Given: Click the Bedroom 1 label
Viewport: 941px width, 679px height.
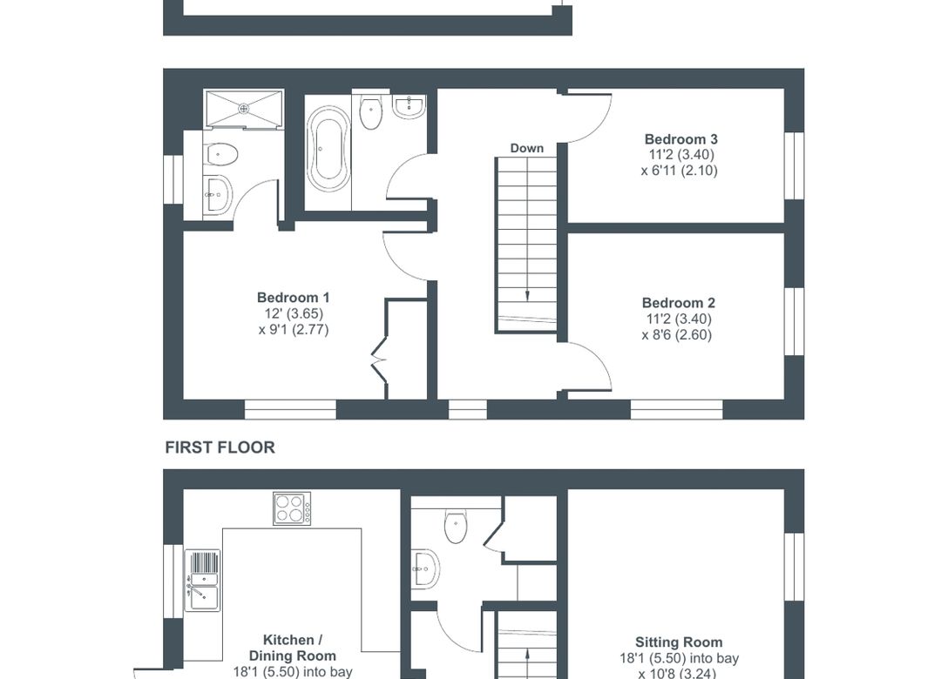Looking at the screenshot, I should (x=293, y=298).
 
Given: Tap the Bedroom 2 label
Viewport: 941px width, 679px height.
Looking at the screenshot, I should (x=678, y=303).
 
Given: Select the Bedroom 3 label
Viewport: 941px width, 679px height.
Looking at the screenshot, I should (x=680, y=139).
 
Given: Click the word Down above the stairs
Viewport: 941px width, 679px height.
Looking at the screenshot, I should (x=526, y=148).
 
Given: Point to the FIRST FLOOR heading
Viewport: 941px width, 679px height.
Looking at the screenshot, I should (x=220, y=447).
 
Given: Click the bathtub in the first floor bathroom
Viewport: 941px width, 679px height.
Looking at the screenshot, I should (x=328, y=149).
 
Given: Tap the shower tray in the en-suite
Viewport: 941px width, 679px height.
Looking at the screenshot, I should (x=243, y=108).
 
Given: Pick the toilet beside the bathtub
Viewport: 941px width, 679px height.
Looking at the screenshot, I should (x=372, y=111).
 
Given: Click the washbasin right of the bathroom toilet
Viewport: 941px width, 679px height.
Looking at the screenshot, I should (x=409, y=107).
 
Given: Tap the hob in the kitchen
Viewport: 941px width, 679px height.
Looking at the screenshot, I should (x=292, y=508).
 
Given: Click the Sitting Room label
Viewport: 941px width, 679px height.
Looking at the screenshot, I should (x=678, y=642).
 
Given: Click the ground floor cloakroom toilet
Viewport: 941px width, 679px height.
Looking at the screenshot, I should (x=457, y=525).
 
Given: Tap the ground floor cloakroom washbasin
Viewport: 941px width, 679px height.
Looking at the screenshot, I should (x=423, y=568).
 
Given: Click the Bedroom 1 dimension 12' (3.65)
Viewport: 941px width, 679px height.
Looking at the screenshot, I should (x=293, y=313).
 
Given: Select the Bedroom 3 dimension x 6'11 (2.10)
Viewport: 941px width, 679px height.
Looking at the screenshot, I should (x=679, y=171).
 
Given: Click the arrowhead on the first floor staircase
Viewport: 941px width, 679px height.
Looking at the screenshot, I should (x=526, y=297).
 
